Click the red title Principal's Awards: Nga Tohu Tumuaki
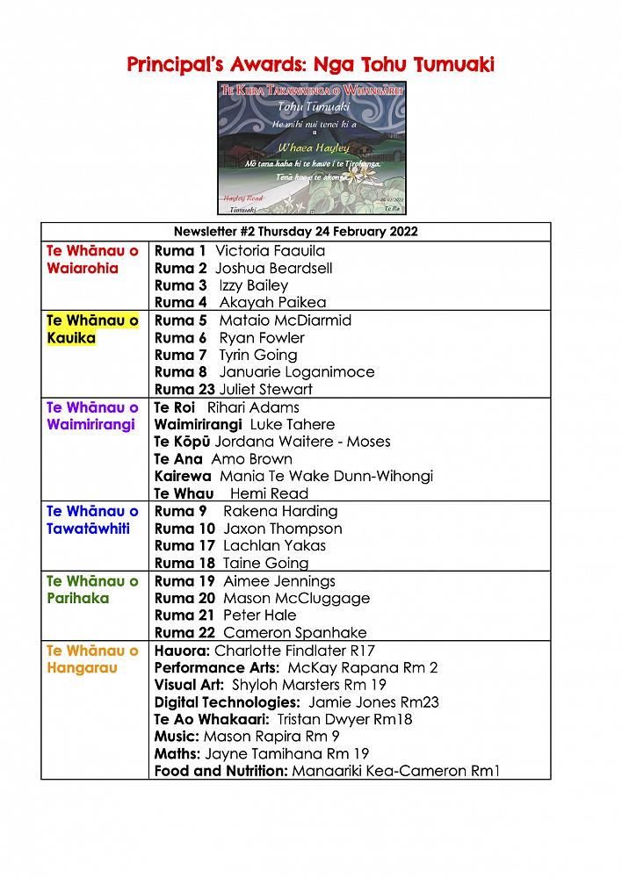(x=311, y=64)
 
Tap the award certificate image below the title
(x=312, y=148)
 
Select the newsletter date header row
(x=295, y=232)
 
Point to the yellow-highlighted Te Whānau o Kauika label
(x=92, y=329)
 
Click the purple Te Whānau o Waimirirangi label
(x=92, y=416)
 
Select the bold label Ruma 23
(x=180, y=390)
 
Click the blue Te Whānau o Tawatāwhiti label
(x=92, y=520)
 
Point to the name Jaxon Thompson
(x=283, y=529)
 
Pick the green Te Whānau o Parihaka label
(x=92, y=589)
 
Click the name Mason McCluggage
(x=296, y=598)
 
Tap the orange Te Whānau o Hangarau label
(x=92, y=659)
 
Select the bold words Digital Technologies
(x=227, y=702)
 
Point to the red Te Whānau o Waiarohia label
(x=92, y=260)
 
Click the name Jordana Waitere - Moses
(x=303, y=442)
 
